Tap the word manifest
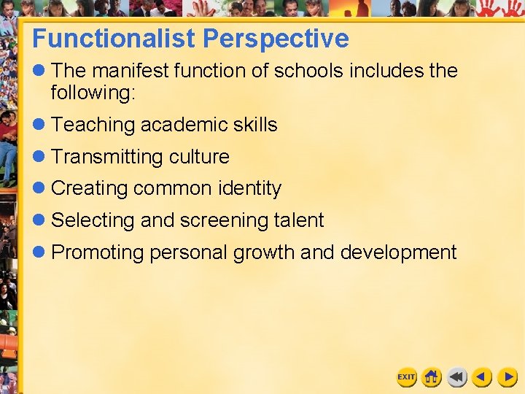pyautogui.click(x=133, y=71)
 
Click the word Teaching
pyautogui.click(x=93, y=125)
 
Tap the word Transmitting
pyautogui.click(x=107, y=157)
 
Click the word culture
pyautogui.click(x=199, y=157)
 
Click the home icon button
pyautogui.click(x=432, y=376)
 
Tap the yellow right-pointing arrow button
pyautogui.click(x=507, y=376)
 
